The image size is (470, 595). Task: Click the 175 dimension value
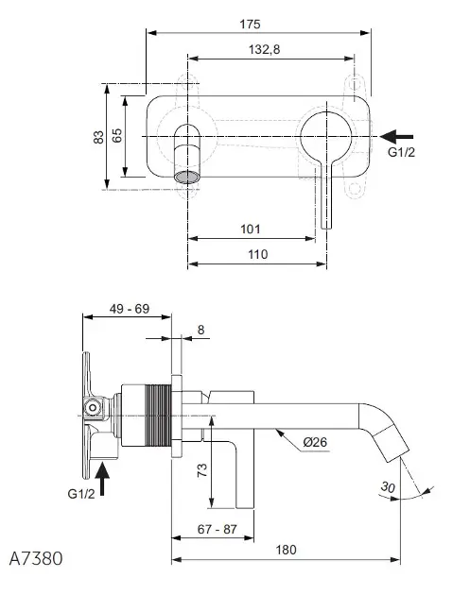click(x=250, y=25)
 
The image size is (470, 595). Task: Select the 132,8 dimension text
click(x=264, y=49)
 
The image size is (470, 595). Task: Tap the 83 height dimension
click(x=98, y=137)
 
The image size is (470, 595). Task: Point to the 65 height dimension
click(x=117, y=135)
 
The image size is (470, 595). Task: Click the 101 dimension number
click(x=251, y=229)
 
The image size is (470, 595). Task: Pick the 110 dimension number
click(x=258, y=254)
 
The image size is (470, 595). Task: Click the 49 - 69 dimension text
click(x=130, y=309)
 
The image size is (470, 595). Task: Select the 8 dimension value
click(x=201, y=330)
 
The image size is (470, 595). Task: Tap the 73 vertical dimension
click(x=202, y=470)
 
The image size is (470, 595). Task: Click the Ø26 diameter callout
click(x=315, y=442)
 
